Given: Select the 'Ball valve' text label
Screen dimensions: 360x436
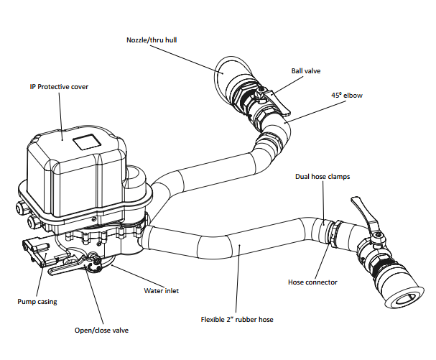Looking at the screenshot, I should tap(307, 71).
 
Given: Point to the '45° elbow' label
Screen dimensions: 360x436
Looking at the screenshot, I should tap(345, 96).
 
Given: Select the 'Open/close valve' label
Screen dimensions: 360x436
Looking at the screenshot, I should tap(107, 332).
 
